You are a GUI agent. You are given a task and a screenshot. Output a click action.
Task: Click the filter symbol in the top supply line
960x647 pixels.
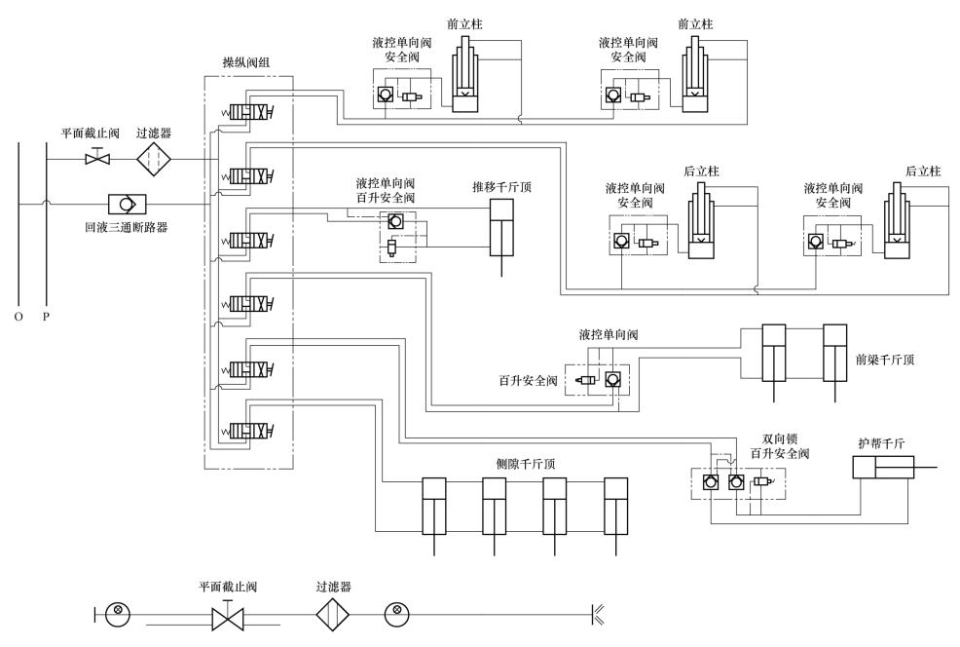pyautogui.click(x=153, y=159)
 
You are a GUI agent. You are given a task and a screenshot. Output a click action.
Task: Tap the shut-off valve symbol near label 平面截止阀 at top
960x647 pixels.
pyautogui.click(x=97, y=158)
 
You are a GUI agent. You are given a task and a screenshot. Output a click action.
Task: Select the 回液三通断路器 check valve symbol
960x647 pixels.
pyautogui.click(x=127, y=204)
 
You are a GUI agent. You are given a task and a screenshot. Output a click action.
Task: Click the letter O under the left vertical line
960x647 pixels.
pyautogui.click(x=18, y=317)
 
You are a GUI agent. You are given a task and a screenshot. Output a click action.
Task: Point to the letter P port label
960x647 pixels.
pyautogui.click(x=46, y=317)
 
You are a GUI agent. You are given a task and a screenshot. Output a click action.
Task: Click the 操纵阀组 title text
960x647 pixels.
pyautogui.click(x=245, y=62)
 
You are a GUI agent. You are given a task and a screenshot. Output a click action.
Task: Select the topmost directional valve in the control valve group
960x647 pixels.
pyautogui.click(x=247, y=113)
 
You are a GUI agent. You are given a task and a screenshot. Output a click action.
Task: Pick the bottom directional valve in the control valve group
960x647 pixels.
pyautogui.click(x=247, y=432)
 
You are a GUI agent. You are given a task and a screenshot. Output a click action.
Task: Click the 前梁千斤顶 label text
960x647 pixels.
pyautogui.click(x=885, y=360)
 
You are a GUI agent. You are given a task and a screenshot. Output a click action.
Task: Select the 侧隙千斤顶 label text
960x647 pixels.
pyautogui.click(x=526, y=464)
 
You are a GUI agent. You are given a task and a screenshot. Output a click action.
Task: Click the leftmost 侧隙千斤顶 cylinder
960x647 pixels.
pyautogui.click(x=434, y=515)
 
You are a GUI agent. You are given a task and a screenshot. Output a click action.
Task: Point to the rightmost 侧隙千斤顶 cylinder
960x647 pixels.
pyautogui.click(x=616, y=515)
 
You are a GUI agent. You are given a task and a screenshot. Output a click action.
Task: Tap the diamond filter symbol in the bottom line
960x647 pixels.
pyautogui.click(x=333, y=614)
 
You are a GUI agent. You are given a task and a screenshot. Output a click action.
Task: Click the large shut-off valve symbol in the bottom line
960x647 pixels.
pyautogui.click(x=228, y=617)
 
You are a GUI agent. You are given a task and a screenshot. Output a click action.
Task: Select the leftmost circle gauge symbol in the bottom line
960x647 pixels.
pyautogui.click(x=118, y=614)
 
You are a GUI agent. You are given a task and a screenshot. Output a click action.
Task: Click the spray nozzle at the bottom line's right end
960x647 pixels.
pyautogui.click(x=598, y=614)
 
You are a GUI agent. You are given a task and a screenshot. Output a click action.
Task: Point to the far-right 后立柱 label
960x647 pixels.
pyautogui.click(x=923, y=171)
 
